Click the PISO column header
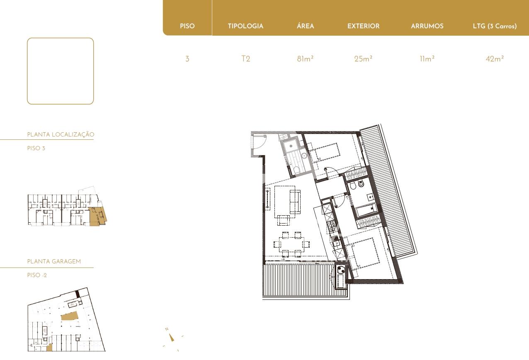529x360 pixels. click(x=187, y=26)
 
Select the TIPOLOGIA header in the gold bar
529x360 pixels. click(x=245, y=26)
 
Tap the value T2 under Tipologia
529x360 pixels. click(x=245, y=58)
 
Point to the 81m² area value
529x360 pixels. click(x=305, y=58)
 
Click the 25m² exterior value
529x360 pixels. click(x=363, y=58)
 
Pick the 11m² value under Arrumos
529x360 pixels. click(x=427, y=58)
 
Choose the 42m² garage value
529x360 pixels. click(x=495, y=58)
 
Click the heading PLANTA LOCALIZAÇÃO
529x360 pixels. click(x=61, y=135)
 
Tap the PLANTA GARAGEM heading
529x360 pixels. click(x=54, y=261)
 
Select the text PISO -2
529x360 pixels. click(x=37, y=275)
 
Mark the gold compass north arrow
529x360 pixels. click(x=172, y=338)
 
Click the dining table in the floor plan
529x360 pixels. click(x=292, y=244)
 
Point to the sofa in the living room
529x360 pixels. click(x=295, y=202)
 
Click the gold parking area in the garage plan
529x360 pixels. click(x=69, y=316)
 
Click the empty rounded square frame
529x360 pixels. click(x=27, y=71)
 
